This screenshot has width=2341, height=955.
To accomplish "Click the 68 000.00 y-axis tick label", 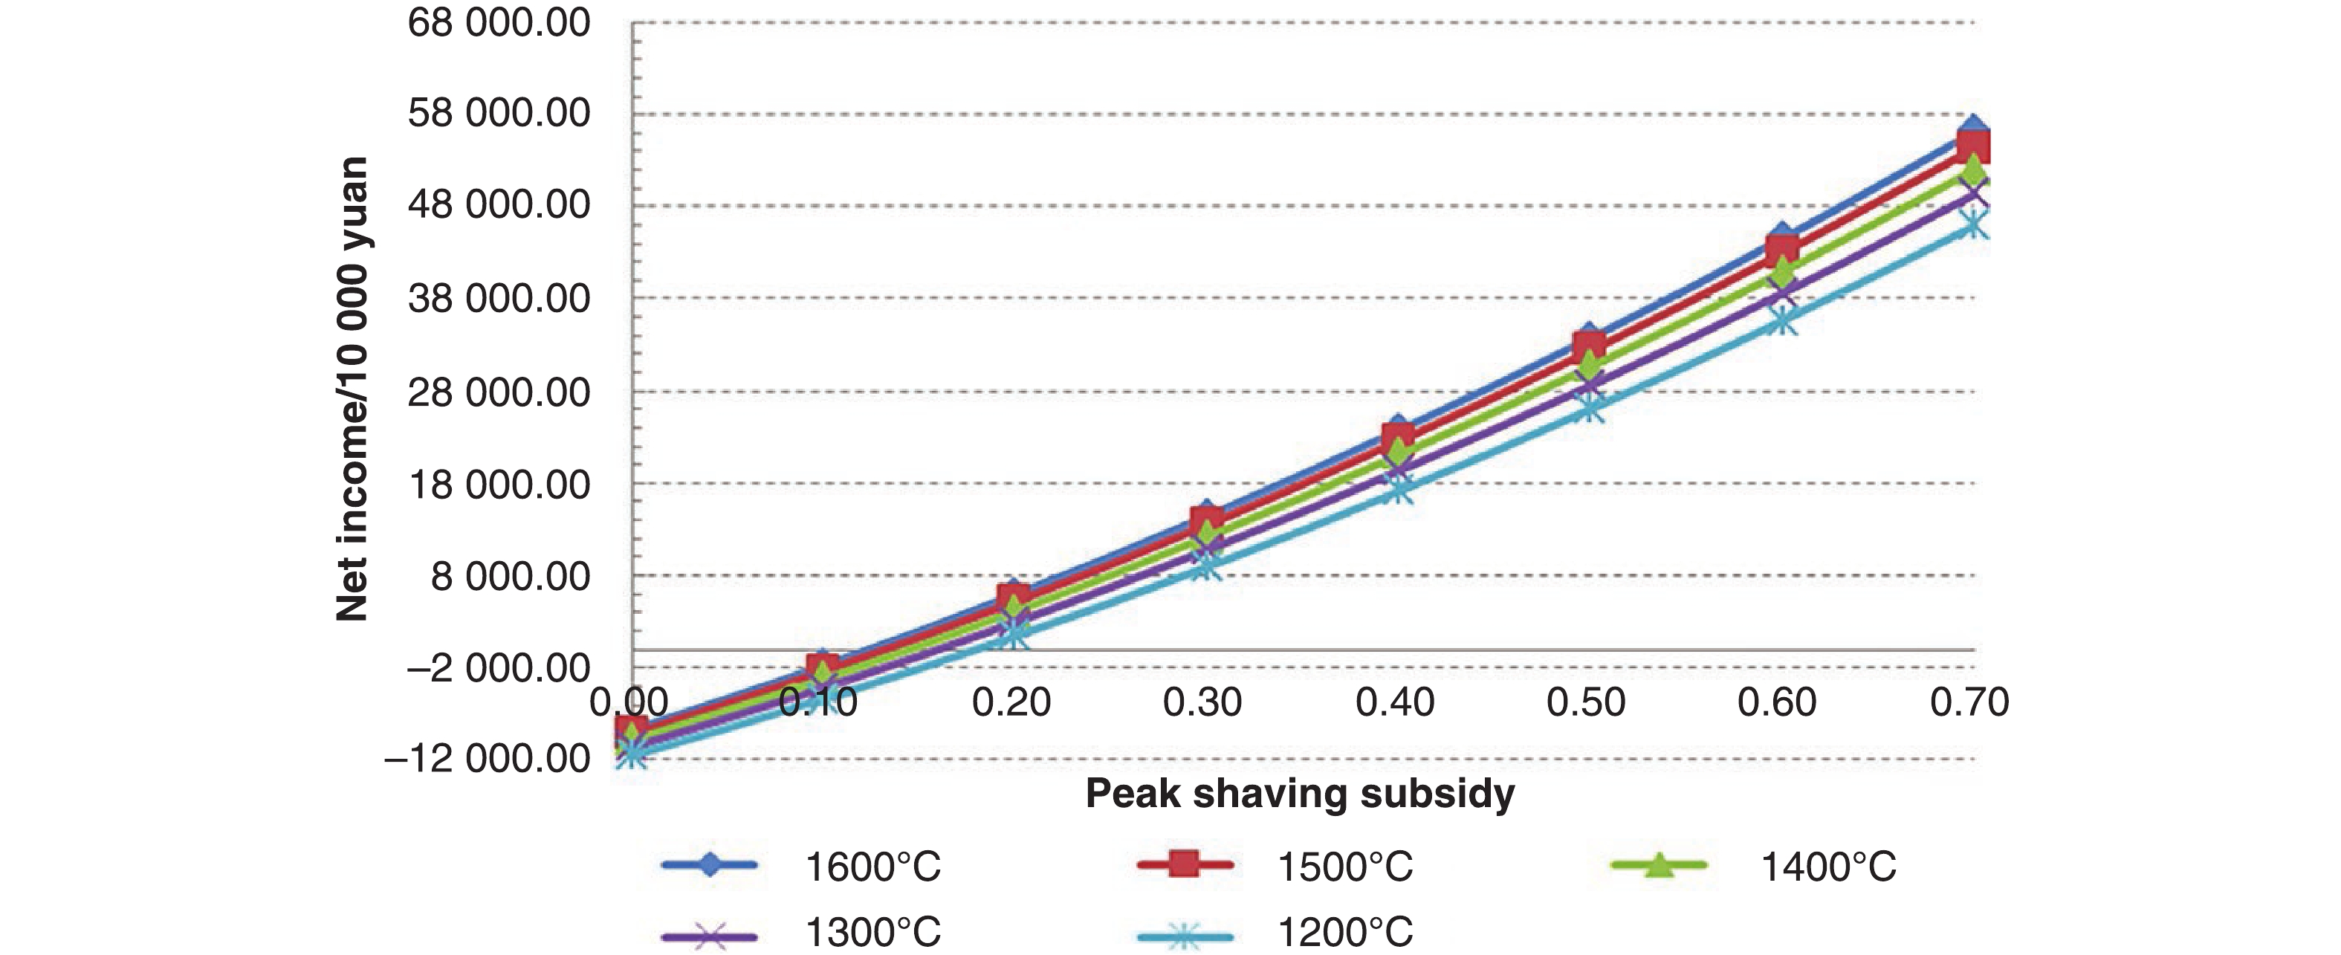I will point(499,23).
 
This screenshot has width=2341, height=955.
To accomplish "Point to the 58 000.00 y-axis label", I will point(499,114).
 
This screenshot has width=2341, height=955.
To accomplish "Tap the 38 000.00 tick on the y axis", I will point(499,298).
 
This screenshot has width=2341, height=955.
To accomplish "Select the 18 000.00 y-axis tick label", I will point(499,485).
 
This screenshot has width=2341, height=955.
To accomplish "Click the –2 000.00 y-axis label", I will point(499,669).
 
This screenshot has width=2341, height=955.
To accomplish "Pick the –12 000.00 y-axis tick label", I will point(488,758).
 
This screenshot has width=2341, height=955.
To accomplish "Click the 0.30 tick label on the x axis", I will point(1202,702).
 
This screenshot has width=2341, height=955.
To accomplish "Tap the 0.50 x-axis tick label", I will point(1586,702).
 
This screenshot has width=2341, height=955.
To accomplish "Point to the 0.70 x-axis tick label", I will point(1969,702).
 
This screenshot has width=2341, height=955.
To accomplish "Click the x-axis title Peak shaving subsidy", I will point(1300,793).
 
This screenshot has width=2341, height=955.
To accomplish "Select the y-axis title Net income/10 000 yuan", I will point(352,389).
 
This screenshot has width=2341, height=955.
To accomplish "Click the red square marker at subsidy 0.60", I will point(1782,250).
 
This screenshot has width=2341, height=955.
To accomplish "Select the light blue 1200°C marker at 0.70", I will point(1973,223).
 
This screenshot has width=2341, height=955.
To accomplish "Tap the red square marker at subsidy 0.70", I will point(1973,146).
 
